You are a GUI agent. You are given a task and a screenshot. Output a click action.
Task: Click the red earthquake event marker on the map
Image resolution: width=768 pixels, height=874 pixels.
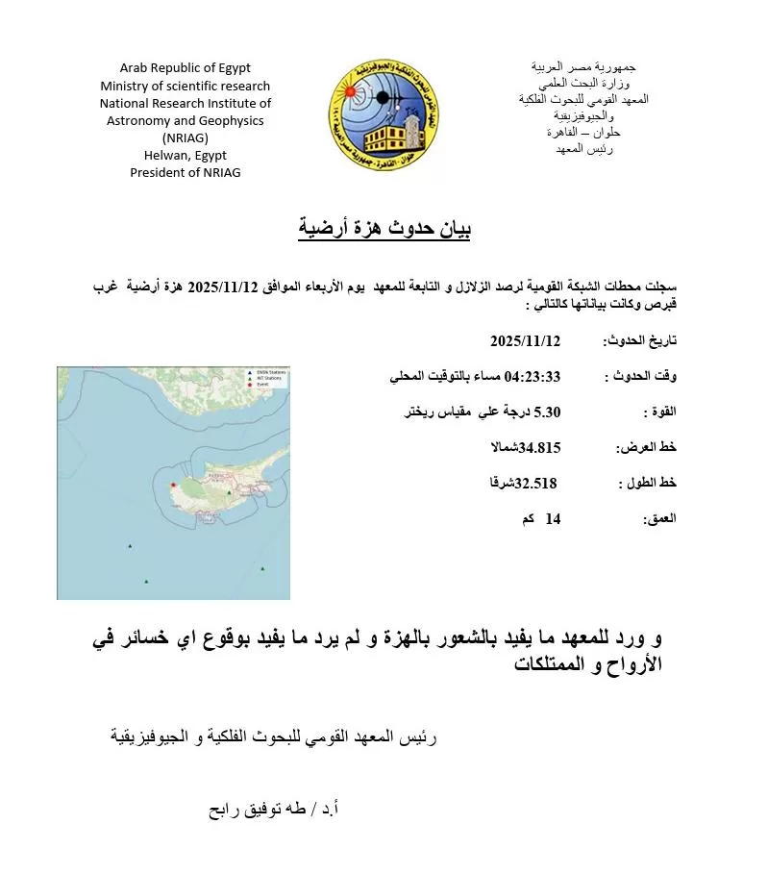click(x=172, y=486)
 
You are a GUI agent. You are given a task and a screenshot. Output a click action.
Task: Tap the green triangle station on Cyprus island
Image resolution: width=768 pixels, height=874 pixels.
click(x=229, y=492)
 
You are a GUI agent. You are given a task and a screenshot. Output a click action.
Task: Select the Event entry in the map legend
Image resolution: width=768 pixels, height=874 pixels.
click(x=268, y=384)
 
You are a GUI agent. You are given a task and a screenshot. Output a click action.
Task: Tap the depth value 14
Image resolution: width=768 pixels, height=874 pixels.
click(x=553, y=518)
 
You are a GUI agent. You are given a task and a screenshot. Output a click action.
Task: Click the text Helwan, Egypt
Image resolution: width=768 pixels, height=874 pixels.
click(x=185, y=155)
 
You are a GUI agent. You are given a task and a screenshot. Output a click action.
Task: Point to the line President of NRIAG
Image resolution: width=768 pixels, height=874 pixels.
click(x=185, y=172)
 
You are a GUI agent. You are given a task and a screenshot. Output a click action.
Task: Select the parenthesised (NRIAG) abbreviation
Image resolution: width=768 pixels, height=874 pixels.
click(x=185, y=137)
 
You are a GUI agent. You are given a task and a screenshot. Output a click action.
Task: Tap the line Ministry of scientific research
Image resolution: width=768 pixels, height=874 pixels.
click(x=185, y=86)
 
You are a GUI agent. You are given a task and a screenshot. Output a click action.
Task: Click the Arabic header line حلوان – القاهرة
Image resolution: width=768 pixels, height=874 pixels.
click(x=583, y=133)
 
